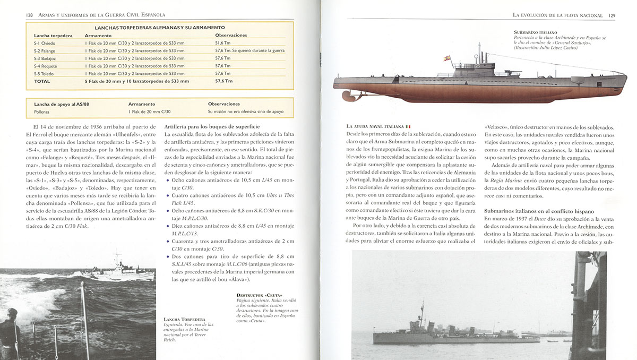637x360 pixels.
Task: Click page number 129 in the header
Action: click(612, 15)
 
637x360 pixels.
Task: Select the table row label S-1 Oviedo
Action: click(45, 42)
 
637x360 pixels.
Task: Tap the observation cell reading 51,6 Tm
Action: click(223, 42)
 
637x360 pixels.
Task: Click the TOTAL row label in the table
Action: click(42, 81)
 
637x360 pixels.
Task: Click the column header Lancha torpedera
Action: click(53, 35)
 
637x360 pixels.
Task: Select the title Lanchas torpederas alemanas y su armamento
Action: click(159, 27)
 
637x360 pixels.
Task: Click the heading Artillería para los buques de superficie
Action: click(212, 127)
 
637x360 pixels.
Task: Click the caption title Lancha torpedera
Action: click(184, 320)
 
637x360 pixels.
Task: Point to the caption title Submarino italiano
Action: click(536, 32)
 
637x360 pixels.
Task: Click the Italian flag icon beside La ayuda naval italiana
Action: click(408, 126)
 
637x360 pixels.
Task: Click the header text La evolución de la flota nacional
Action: click(557, 15)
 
